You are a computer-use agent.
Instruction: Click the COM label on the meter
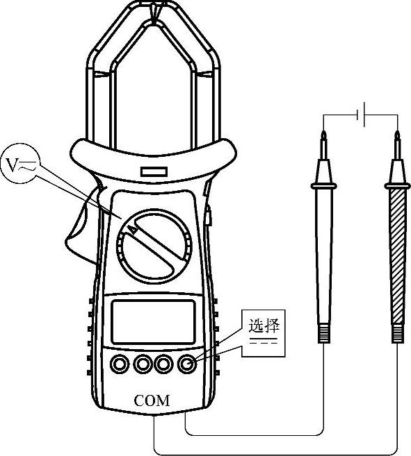[x=152, y=400]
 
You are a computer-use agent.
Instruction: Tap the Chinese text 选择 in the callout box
[x=264, y=326]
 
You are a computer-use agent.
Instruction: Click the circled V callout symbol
[x=20, y=164]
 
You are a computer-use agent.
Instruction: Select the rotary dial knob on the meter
[x=154, y=246]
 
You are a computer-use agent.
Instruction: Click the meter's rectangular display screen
[x=153, y=321]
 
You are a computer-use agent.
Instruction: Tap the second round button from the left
[x=143, y=364]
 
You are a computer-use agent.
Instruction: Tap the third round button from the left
[x=163, y=364]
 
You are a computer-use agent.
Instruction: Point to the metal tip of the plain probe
[x=323, y=145]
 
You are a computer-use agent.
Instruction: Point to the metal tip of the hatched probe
[x=397, y=145]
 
